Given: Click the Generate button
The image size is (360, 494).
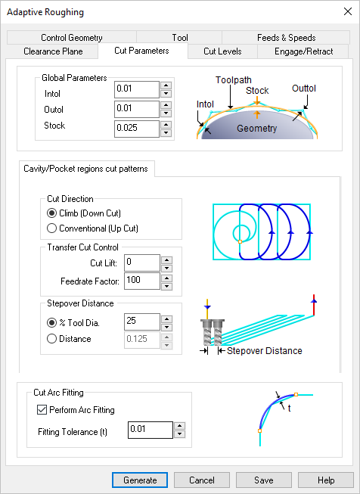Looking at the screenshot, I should [x=140, y=480].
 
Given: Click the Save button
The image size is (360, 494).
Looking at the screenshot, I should [x=264, y=480].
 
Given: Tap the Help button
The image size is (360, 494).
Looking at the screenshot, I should [x=326, y=480].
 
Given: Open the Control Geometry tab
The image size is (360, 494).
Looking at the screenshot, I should [x=72, y=38].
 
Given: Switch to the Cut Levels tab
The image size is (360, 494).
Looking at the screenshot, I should [x=222, y=51].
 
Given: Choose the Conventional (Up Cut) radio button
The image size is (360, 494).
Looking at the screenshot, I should [x=52, y=228].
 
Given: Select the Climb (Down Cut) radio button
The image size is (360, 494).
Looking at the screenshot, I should [x=52, y=213].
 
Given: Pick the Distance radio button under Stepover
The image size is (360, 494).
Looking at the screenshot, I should [x=52, y=339].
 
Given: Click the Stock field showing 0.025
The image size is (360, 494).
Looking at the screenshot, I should [x=136, y=129].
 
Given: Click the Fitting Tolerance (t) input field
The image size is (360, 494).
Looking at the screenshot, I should [x=149, y=430].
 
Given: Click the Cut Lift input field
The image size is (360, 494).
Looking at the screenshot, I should [x=138, y=263].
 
